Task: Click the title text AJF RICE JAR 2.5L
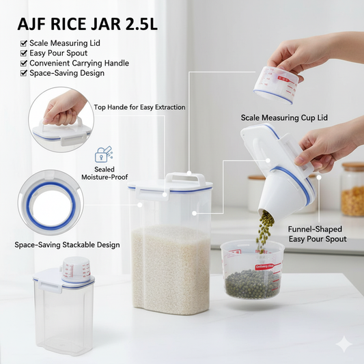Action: tap(87, 24)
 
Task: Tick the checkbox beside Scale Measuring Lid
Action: tap(23, 43)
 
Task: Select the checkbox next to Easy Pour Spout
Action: tap(23, 53)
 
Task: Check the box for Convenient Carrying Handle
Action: tap(23, 63)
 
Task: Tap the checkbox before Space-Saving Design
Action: tap(23, 73)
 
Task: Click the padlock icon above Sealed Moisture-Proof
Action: tap(104, 154)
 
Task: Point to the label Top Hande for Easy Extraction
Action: tap(139, 107)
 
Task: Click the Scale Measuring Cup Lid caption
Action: tap(284, 117)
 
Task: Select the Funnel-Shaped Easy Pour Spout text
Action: tap(318, 234)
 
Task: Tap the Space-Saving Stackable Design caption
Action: tap(67, 244)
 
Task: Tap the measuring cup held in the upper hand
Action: tap(276, 85)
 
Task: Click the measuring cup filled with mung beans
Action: tap(252, 270)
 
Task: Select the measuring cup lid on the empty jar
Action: tap(76, 270)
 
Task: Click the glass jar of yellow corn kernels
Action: tap(352, 189)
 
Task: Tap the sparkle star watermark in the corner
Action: tap(344, 344)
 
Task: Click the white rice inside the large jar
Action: tap(171, 269)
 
